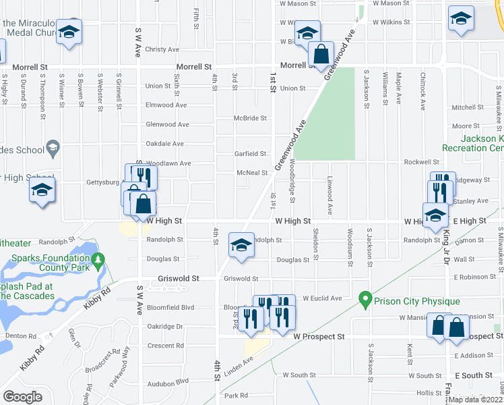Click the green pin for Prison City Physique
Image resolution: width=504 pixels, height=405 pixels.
pos(366,297)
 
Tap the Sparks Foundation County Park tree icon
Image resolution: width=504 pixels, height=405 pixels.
pos(98,259)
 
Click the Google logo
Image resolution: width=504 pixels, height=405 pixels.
pos(22,397)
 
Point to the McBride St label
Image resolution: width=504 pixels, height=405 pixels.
pos(250,118)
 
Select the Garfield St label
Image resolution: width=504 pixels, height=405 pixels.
pos(250,154)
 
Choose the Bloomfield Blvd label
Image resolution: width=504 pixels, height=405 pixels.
pos(170,307)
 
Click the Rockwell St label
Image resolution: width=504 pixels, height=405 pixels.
pos(422,163)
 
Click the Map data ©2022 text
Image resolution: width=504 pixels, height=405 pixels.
pos(476,400)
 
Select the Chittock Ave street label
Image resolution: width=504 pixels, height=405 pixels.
pos(422,92)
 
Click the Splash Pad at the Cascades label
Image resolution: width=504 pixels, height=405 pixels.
pos(27,291)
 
